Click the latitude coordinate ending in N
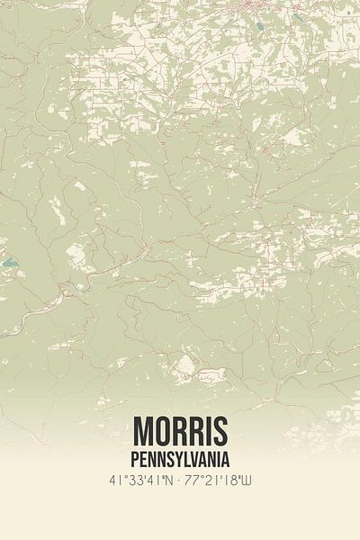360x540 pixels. tap(139, 482)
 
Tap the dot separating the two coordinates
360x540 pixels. tap(182, 482)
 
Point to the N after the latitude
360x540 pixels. tap(170, 482)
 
